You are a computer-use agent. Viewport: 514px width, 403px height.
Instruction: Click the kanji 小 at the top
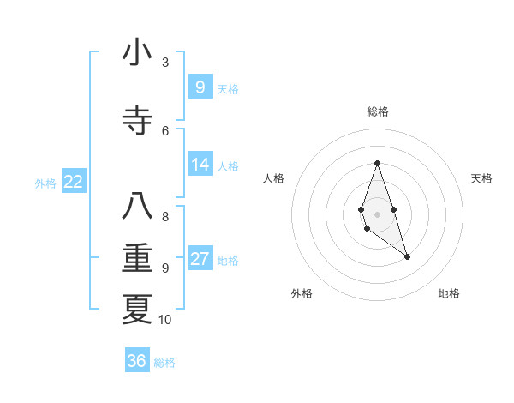pos(137,53)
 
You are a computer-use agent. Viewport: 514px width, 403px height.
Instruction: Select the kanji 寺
pos(137,120)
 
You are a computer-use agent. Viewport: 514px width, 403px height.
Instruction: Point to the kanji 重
pos(137,258)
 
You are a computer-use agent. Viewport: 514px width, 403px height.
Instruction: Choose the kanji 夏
pos(137,309)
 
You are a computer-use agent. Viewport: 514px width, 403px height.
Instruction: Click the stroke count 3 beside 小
pos(165,63)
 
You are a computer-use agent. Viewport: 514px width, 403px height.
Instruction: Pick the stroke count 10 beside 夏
pos(165,320)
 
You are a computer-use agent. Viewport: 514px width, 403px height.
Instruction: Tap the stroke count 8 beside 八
pos(165,216)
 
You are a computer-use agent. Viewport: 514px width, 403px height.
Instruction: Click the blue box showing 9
pos(200,87)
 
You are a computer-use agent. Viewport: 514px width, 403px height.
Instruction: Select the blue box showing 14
pos(200,164)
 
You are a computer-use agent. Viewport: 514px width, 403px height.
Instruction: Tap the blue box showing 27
pos(200,259)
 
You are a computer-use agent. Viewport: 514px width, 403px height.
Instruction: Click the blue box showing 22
pos(74,181)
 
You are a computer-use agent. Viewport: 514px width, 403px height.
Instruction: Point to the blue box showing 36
pos(137,361)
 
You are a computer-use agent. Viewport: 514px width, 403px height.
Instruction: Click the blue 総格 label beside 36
pos(164,363)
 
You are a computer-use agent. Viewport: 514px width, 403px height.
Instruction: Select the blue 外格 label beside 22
pos(45,183)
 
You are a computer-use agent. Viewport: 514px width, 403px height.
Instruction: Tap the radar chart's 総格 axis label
pos(377,111)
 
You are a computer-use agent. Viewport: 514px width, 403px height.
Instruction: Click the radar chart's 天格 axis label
pos(481,178)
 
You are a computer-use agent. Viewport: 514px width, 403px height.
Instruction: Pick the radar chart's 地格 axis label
pos(449,293)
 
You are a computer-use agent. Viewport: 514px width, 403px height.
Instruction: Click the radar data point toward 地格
pos(407,256)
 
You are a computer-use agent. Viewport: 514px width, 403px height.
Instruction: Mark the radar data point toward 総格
pos(377,163)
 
